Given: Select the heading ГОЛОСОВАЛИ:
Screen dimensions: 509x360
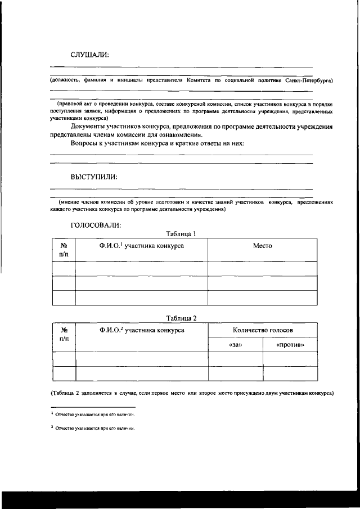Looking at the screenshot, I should click(96, 225).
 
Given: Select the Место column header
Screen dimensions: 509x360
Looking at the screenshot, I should click(262, 246).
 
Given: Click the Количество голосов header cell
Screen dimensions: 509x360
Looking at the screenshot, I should click(262, 330).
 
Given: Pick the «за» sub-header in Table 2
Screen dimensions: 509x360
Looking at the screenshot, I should click(236, 345).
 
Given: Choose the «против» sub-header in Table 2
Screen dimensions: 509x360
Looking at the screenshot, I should click(290, 345).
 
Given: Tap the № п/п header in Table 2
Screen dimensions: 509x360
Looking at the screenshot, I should click(64, 335).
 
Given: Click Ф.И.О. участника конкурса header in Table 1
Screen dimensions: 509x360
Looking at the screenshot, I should click(141, 246).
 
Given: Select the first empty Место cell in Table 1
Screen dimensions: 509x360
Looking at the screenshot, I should click(262, 269).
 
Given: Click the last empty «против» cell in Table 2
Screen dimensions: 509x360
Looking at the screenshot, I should click(290, 373).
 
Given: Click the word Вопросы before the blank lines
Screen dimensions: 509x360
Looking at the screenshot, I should click(87, 143).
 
